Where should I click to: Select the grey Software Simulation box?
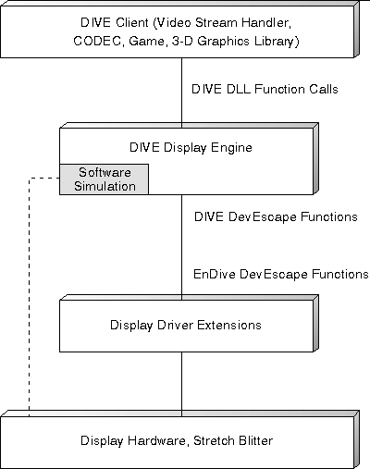pyautogui.click(x=104, y=179)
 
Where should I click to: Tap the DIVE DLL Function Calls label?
pyautogui.click(x=265, y=89)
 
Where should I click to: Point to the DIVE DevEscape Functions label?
pyautogui.click(x=276, y=216)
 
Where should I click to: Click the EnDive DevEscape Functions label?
pyautogui.click(x=280, y=274)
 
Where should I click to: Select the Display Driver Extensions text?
pyautogui.click(x=186, y=326)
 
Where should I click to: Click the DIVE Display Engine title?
pyautogui.click(x=191, y=147)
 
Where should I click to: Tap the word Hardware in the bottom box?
pyautogui.click(x=157, y=440)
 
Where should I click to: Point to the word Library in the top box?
pyautogui.click(x=277, y=42)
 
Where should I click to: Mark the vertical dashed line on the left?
pyautogui.click(x=29, y=297)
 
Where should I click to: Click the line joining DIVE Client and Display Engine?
pyautogui.click(x=181, y=93)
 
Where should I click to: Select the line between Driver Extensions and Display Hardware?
pyautogui.click(x=181, y=384)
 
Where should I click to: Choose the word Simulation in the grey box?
pyautogui.click(x=105, y=186)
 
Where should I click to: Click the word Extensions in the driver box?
pyautogui.click(x=229, y=325)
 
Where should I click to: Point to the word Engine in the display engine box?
pyautogui.click(x=231, y=148)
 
